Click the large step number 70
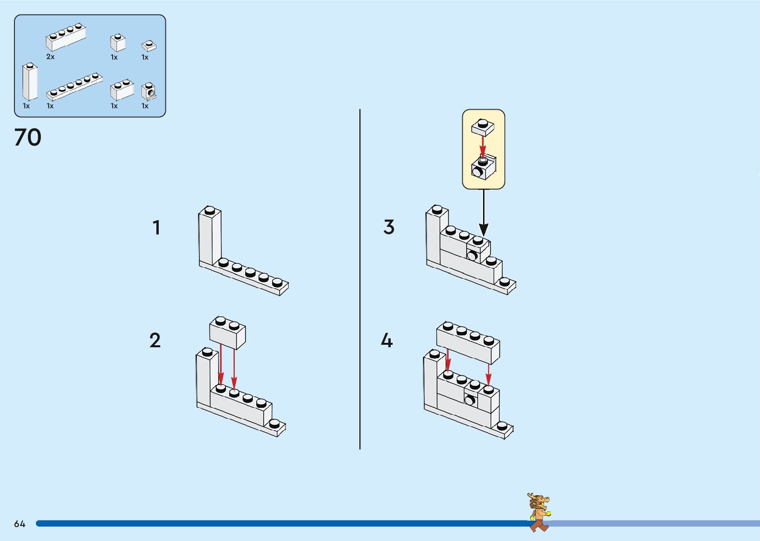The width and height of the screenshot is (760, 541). point(28,138)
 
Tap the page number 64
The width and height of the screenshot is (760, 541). point(19,524)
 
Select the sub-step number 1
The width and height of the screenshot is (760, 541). point(156,228)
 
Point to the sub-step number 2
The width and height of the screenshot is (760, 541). point(155,340)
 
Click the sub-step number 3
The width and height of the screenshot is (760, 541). point(389,227)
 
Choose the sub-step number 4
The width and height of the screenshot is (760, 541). point(387,340)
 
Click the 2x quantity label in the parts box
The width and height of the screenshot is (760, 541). point(50,57)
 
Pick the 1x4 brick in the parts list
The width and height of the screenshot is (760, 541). point(66,37)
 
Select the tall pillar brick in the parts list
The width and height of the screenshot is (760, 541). point(29,82)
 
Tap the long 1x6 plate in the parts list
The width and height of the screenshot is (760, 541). point(74,86)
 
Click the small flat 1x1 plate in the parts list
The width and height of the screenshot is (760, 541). point(149,46)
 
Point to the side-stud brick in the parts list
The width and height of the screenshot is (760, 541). point(149,91)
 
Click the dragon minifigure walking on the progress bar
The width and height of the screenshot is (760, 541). point(539,512)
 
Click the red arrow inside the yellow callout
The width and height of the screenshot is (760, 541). point(483,146)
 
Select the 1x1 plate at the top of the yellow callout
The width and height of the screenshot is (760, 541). point(483,127)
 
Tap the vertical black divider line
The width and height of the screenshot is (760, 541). point(360,278)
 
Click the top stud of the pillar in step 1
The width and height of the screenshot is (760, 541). point(210,210)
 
